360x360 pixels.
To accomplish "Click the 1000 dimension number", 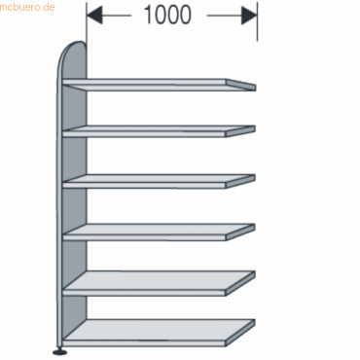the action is (x=172, y=16).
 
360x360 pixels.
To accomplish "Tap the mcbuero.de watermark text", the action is (x=28, y=7).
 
